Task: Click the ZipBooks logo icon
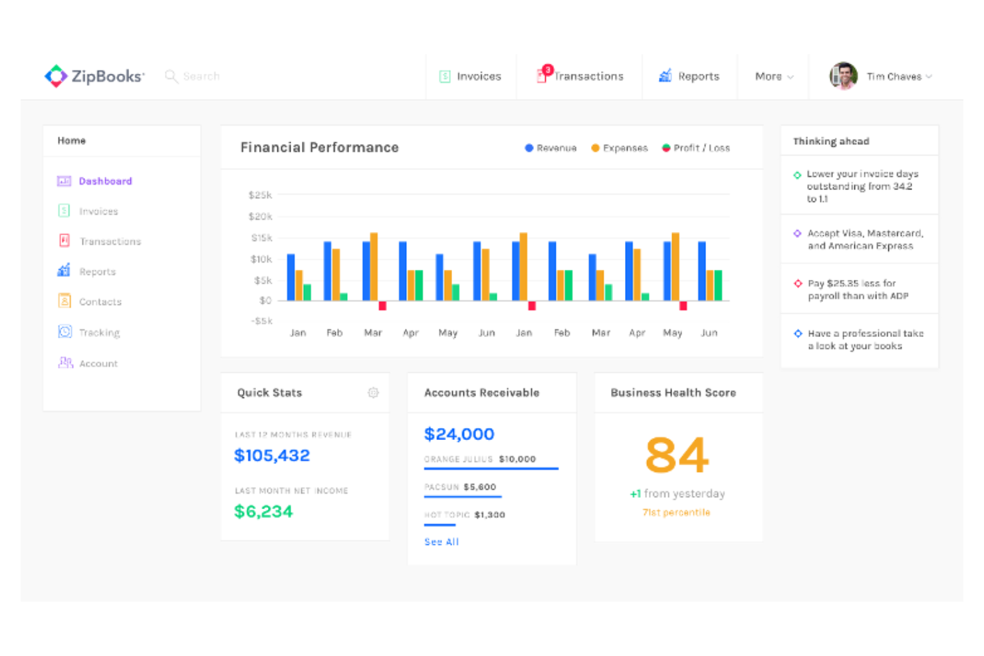pos(56,76)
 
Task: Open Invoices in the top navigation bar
pos(471,76)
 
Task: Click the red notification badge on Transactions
pos(548,70)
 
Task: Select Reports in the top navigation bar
pos(689,76)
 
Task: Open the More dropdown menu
pos(774,76)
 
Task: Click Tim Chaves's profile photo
pos(843,76)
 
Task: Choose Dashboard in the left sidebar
pos(104,181)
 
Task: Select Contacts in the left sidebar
pos(100,302)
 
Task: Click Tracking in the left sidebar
pos(99,332)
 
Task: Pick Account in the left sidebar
pos(98,364)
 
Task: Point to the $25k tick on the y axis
pos(260,195)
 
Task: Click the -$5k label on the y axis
pos(261,321)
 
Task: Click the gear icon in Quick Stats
pos(373,393)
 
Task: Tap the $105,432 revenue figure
pos(272,455)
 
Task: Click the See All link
pos(441,542)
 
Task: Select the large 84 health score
pos(677,455)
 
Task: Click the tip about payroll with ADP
pos(858,290)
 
